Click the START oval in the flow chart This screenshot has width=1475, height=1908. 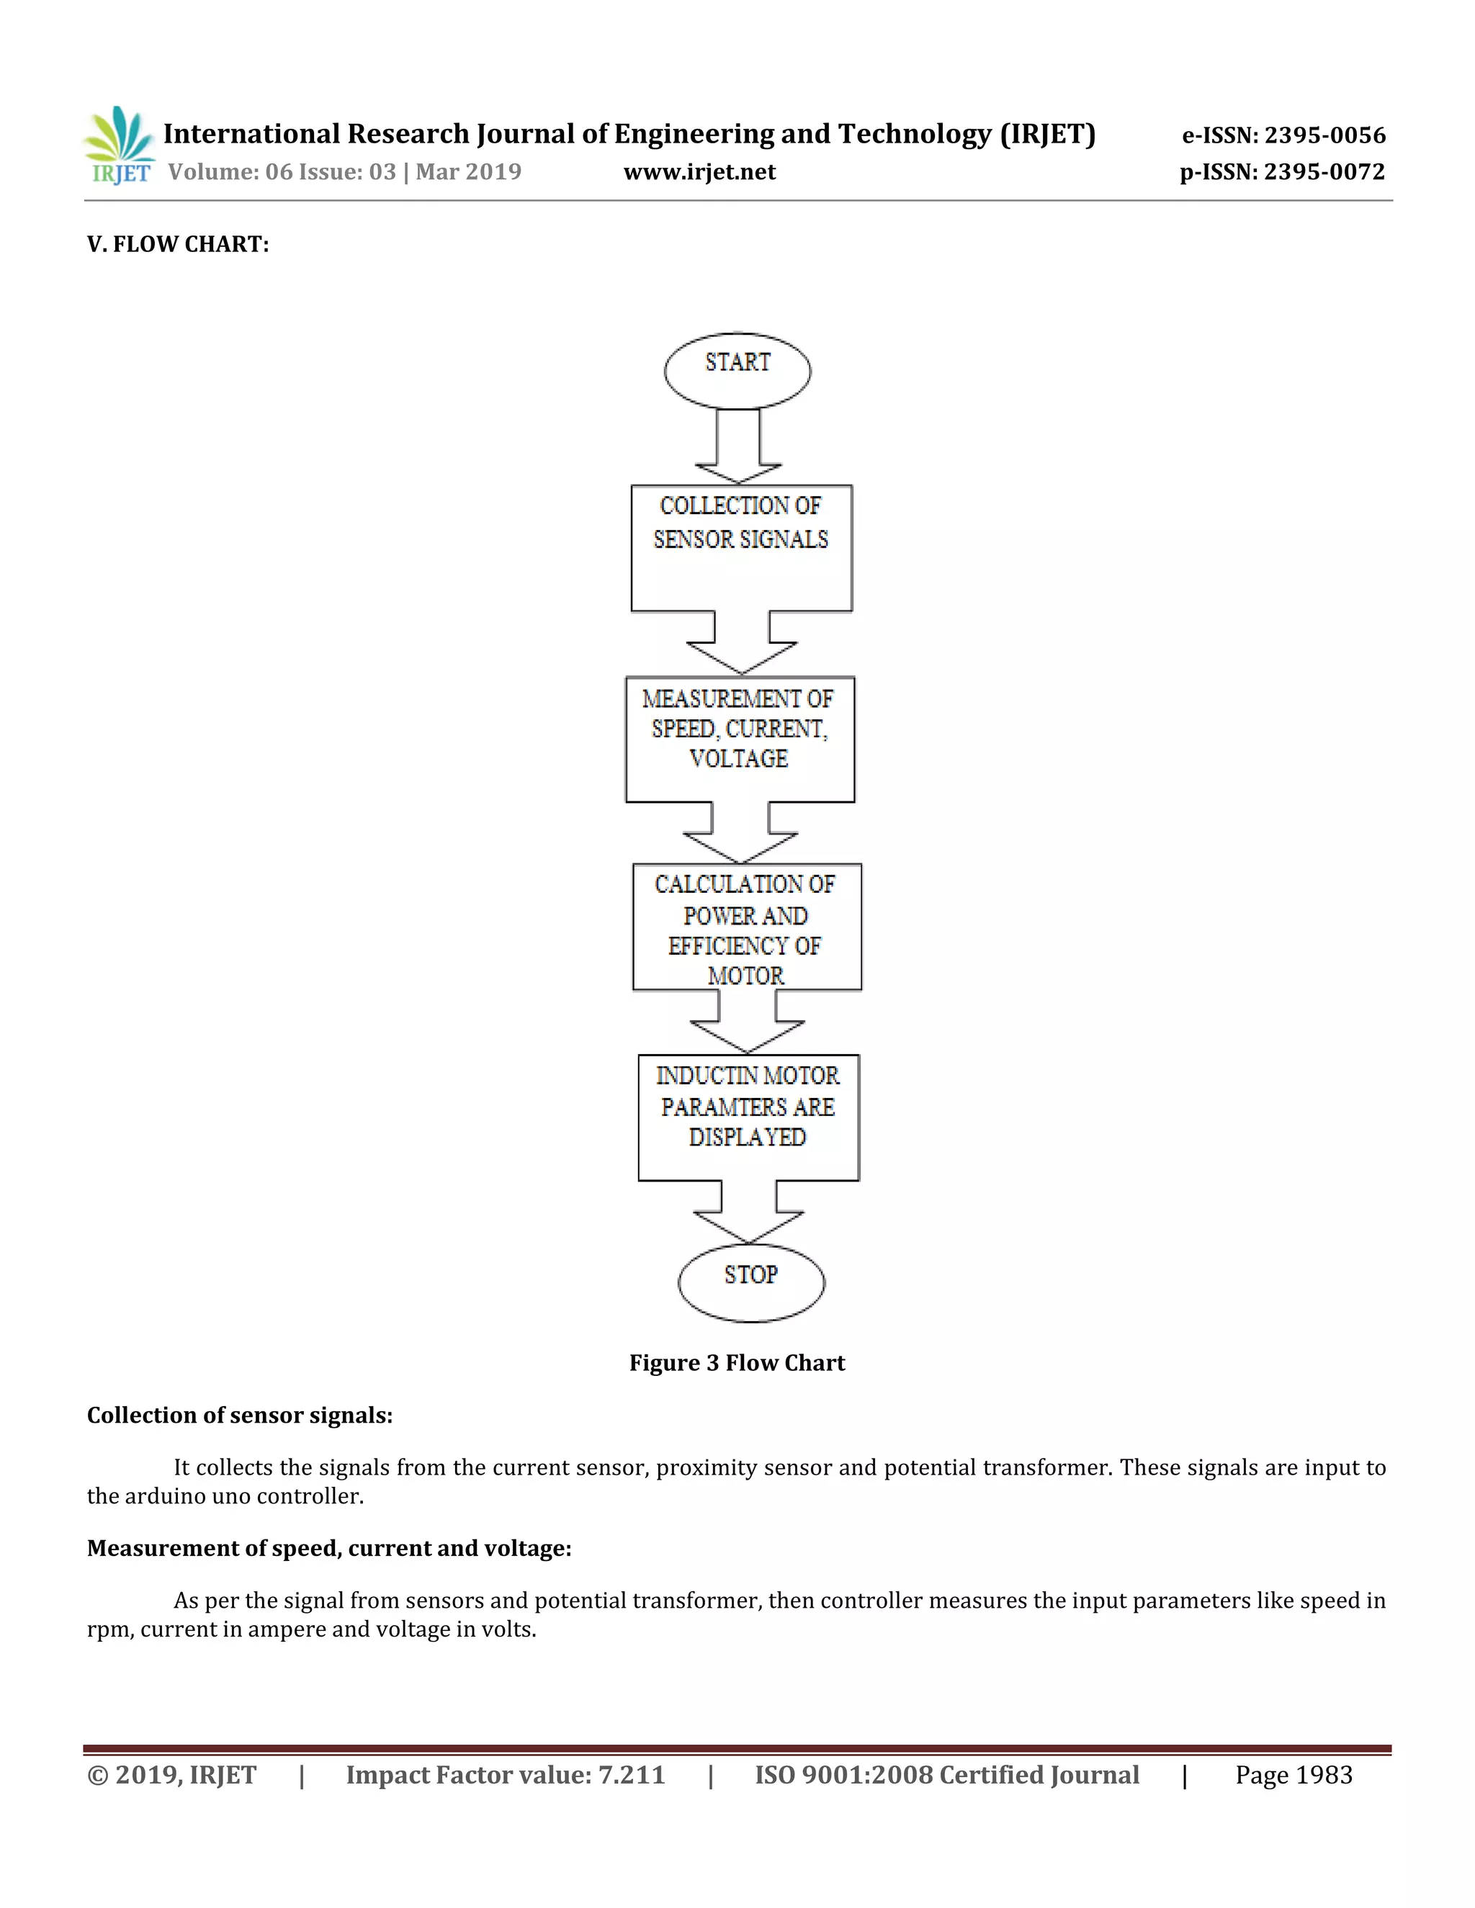(737, 370)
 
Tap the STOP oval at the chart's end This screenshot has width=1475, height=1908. (750, 1282)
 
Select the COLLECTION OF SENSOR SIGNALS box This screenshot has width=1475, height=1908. (741, 548)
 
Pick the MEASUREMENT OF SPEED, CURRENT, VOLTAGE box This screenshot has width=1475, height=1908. (739, 739)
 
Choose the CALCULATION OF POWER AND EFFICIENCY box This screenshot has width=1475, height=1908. (746, 927)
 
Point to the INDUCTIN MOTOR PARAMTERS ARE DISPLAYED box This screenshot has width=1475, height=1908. (748, 1117)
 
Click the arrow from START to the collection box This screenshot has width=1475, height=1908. (738, 446)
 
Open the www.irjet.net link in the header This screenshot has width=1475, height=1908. (699, 172)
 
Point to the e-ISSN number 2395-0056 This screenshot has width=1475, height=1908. (1324, 135)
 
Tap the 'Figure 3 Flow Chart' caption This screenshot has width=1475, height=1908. (737, 1363)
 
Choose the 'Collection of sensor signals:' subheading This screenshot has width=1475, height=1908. (239, 1416)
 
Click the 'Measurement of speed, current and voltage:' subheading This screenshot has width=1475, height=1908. (328, 1548)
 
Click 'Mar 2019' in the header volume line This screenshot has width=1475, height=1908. (468, 172)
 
